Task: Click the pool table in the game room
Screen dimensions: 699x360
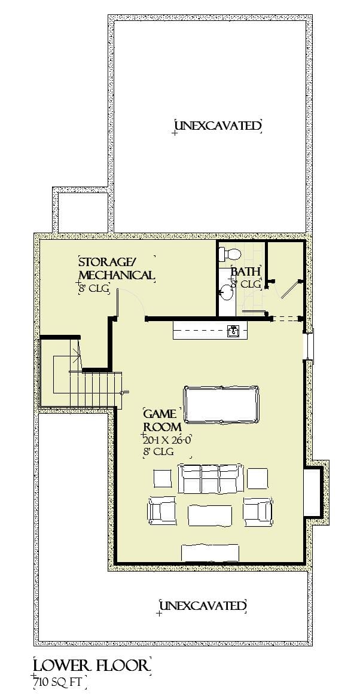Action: click(222, 405)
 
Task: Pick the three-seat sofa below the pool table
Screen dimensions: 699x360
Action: click(210, 479)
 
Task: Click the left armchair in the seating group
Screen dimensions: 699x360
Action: click(161, 510)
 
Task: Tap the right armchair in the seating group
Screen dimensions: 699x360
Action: click(258, 510)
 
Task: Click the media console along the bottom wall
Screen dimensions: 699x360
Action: click(210, 553)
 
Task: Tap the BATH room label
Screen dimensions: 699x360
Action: click(246, 272)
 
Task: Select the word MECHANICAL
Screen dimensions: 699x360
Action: click(116, 275)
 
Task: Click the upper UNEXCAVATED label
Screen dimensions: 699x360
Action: click(218, 126)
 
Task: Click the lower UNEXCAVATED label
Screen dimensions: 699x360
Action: click(202, 606)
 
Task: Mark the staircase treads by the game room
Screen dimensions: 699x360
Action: click(96, 389)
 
